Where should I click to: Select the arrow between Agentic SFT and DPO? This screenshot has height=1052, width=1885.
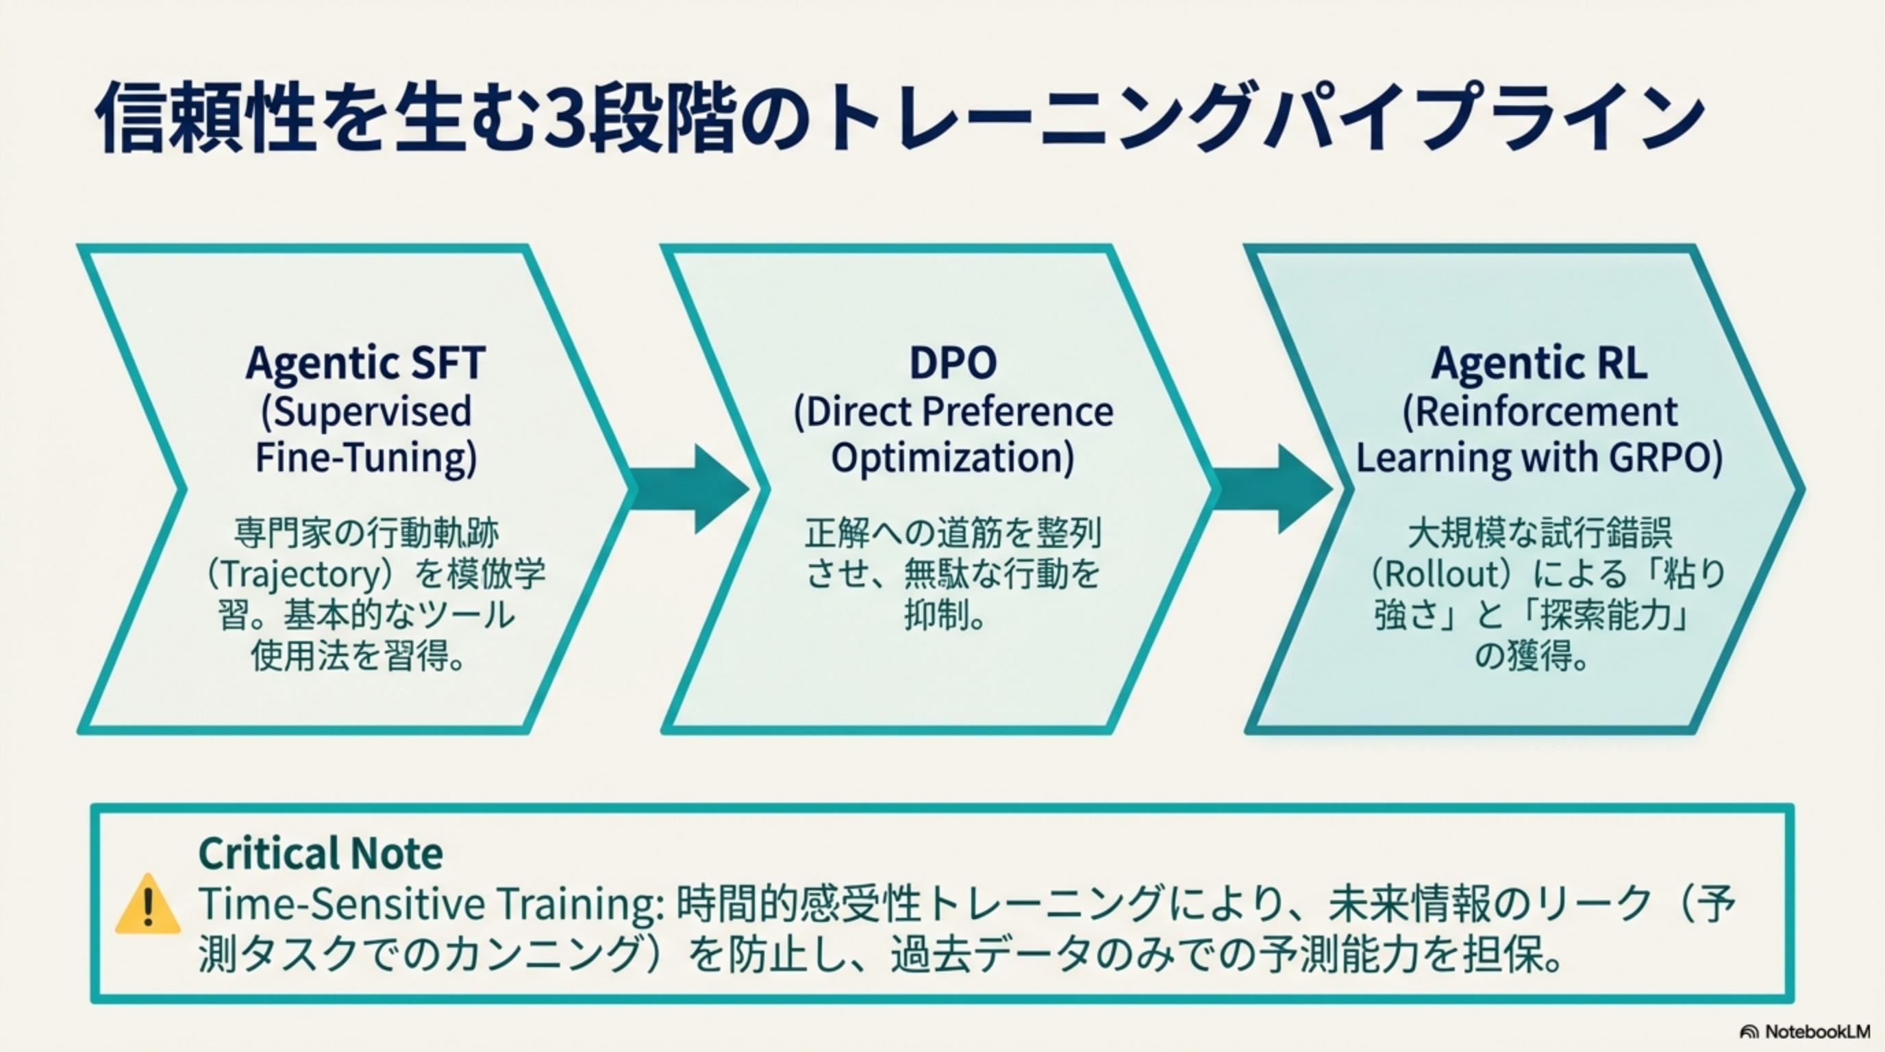(692, 489)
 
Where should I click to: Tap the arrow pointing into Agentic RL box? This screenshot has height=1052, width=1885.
(1275, 489)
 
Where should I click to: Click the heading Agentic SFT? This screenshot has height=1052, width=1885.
(365, 363)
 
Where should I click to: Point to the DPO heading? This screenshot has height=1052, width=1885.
(952, 363)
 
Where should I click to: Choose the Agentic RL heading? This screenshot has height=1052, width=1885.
(1539, 363)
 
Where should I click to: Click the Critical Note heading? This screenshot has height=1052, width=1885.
(321, 853)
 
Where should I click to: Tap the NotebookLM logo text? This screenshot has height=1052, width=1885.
(1816, 1031)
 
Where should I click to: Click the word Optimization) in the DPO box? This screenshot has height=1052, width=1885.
(952, 458)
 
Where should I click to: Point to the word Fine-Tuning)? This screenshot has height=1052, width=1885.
(366, 458)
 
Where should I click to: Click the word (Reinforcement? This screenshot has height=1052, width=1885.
(1539, 412)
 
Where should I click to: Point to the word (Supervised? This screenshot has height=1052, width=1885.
(366, 412)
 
